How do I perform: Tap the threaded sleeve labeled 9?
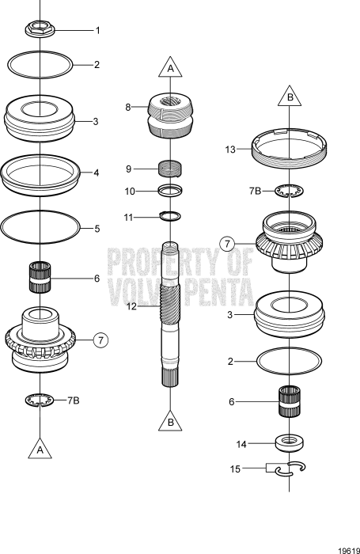[x=171, y=169]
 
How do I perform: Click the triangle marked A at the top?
[x=170, y=69]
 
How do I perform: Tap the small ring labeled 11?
[x=171, y=215]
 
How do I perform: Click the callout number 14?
[x=230, y=444]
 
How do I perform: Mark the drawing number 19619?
[x=343, y=545]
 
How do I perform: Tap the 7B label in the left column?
[x=73, y=400]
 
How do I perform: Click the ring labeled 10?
[x=171, y=190]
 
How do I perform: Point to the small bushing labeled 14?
[x=290, y=442]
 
